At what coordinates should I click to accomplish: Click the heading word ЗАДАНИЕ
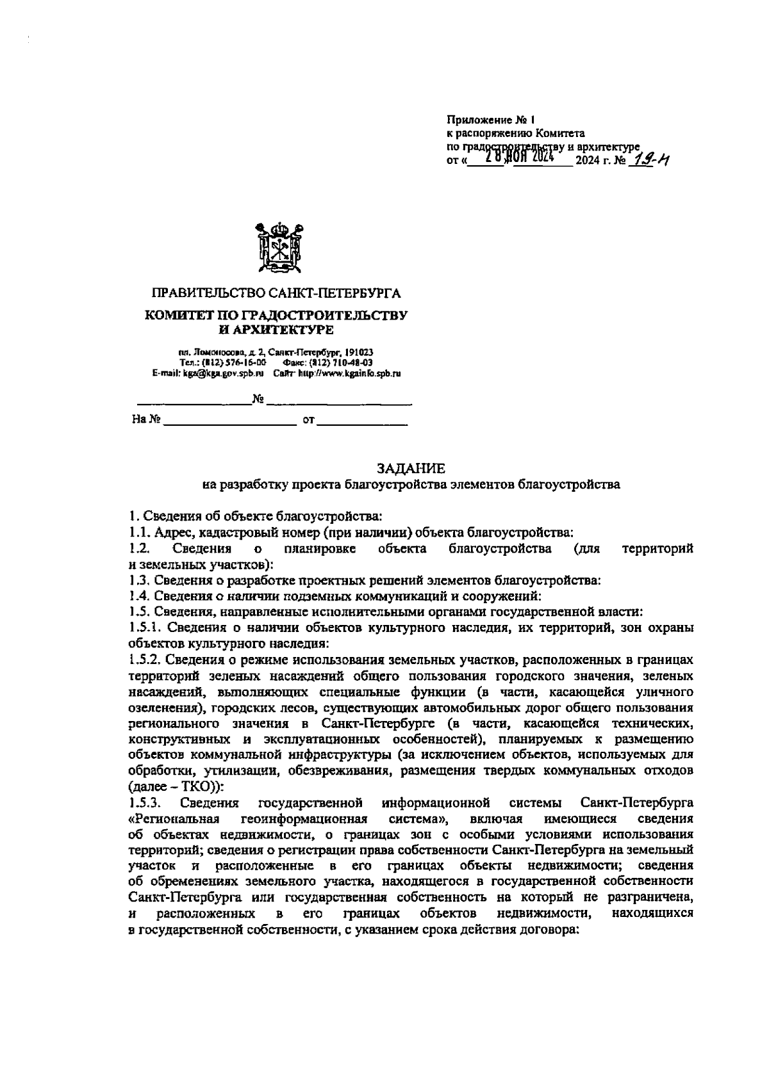click(x=411, y=469)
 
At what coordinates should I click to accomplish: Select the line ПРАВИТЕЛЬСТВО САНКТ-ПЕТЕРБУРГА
click(x=276, y=294)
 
